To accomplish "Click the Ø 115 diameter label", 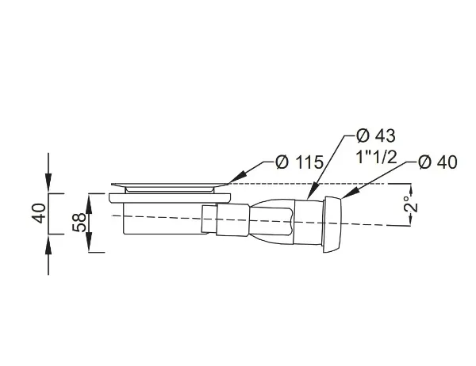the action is (x=299, y=162).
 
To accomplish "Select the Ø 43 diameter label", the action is (x=376, y=135).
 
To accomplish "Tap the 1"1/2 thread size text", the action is (x=376, y=157).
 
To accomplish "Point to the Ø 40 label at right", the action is (x=437, y=162).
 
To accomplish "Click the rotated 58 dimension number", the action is (x=79, y=223).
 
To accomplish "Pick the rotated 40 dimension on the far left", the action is (x=39, y=213).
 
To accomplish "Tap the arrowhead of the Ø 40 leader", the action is (x=349, y=194).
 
